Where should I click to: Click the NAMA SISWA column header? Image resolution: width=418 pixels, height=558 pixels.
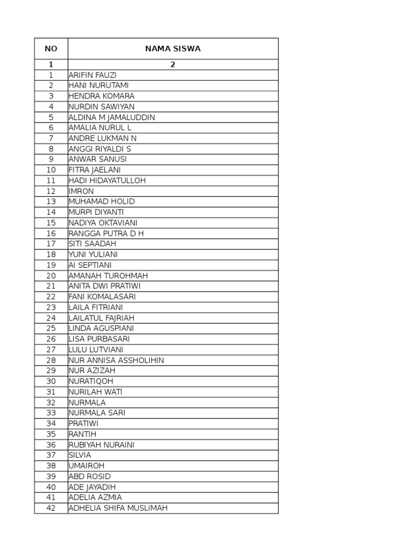173,48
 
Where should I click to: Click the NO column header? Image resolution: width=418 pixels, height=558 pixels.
51,48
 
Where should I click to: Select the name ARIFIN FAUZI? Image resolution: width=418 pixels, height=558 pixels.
93,75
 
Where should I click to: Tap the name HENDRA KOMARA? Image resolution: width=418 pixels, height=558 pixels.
102,96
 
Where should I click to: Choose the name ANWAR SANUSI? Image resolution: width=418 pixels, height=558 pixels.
97,160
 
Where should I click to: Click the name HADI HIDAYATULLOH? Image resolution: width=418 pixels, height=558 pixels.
107,181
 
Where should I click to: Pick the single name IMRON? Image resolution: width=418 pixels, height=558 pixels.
81,191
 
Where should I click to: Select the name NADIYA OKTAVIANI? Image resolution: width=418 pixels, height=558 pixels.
103,223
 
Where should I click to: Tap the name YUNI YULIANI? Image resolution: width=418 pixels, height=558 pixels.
93,254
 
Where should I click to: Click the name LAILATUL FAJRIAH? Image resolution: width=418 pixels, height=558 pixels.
102,318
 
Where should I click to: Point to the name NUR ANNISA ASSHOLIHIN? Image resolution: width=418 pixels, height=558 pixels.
116,360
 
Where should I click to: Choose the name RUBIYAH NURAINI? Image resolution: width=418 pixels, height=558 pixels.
102,445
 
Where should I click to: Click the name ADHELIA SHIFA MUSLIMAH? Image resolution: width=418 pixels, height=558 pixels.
118,508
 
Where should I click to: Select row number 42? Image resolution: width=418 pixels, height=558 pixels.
51,508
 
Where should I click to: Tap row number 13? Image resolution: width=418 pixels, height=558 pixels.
51,202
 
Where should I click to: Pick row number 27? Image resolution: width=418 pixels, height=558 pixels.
51,350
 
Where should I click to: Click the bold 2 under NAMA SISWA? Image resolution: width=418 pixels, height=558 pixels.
173,65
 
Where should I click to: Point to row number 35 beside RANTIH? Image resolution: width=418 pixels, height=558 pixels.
51,434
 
